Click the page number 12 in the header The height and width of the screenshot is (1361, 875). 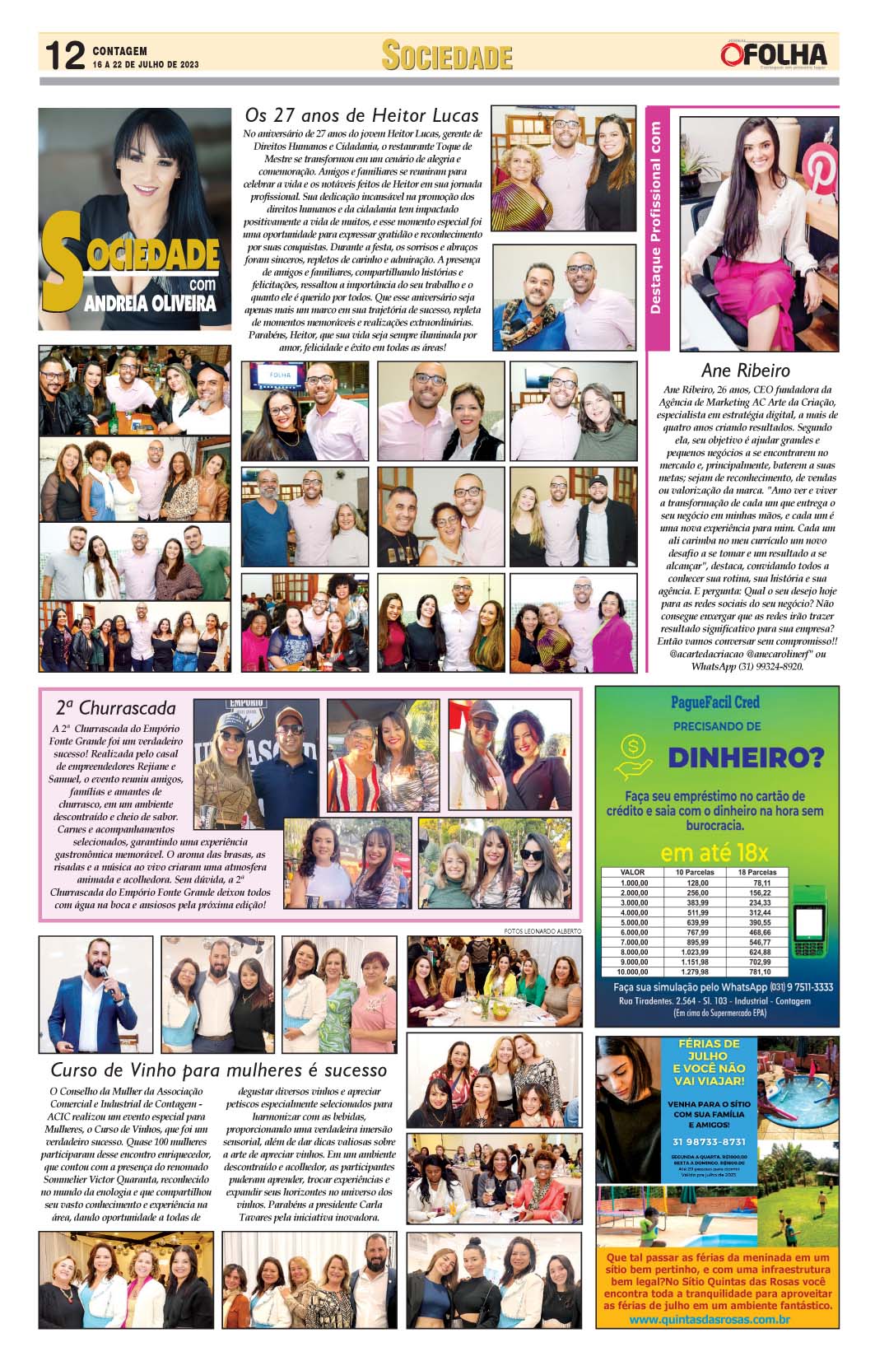pyautogui.click(x=64, y=56)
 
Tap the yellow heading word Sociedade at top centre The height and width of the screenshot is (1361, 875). pyautogui.click(x=447, y=57)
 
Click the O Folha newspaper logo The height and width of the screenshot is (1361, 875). pyautogui.click(x=773, y=55)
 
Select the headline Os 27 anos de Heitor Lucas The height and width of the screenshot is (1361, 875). pyautogui.click(x=362, y=114)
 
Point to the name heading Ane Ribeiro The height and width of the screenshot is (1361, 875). pyautogui.click(x=745, y=371)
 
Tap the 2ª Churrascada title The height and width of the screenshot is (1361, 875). pyautogui.click(x=115, y=707)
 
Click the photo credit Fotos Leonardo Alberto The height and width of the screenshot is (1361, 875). pyautogui.click(x=542, y=930)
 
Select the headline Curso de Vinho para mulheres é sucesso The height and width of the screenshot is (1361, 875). pyautogui.click(x=218, y=1070)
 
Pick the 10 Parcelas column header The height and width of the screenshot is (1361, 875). pyautogui.click(x=695, y=872)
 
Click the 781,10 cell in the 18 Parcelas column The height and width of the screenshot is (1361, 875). pyautogui.click(x=761, y=972)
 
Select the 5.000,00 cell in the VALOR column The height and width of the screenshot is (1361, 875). pyautogui.click(x=634, y=922)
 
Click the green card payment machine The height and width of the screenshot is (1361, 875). pyautogui.click(x=811, y=930)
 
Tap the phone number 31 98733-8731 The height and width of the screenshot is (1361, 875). pyautogui.click(x=709, y=1142)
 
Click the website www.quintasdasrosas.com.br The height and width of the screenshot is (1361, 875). pyautogui.click(x=710, y=1320)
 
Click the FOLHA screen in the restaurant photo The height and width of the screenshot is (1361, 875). pyautogui.click(x=281, y=375)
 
